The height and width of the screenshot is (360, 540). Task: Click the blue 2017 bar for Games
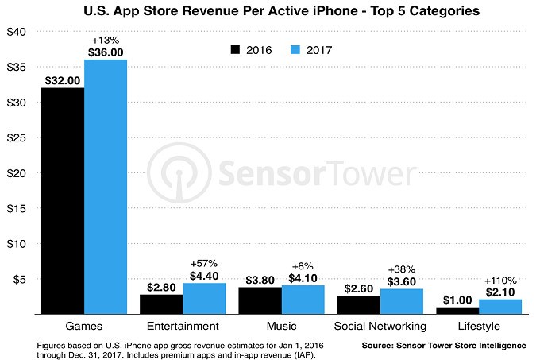click(x=106, y=187)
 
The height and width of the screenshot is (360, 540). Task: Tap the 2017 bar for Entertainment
click(x=205, y=299)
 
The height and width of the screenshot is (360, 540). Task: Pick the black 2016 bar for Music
click(x=260, y=300)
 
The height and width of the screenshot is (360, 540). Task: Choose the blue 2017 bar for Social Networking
click(x=403, y=301)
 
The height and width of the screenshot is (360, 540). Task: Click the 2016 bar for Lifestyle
click(x=458, y=311)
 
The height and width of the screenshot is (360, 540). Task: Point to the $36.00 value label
click(x=106, y=52)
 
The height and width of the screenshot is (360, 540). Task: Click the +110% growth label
click(x=501, y=281)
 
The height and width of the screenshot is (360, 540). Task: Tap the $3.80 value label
click(x=260, y=280)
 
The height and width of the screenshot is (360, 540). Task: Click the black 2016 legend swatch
click(x=236, y=49)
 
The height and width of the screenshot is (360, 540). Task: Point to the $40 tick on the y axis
click(x=16, y=32)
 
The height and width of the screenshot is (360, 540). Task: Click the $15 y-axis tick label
click(x=16, y=208)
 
